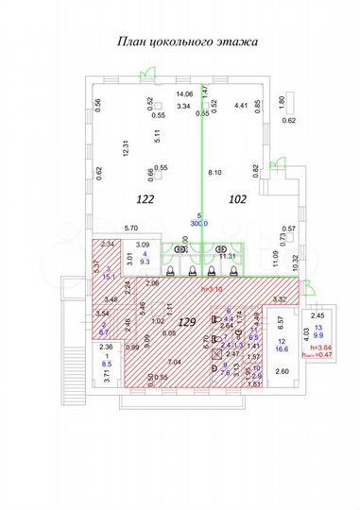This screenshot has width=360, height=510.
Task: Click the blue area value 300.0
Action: pos(198,223)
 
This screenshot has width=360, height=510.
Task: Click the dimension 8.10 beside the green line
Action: pos(214,173)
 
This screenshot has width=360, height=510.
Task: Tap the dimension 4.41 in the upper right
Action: pos(241,106)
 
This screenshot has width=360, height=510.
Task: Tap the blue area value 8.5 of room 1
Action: pos(107,364)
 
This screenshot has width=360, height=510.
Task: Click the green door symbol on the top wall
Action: pos(146,74)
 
